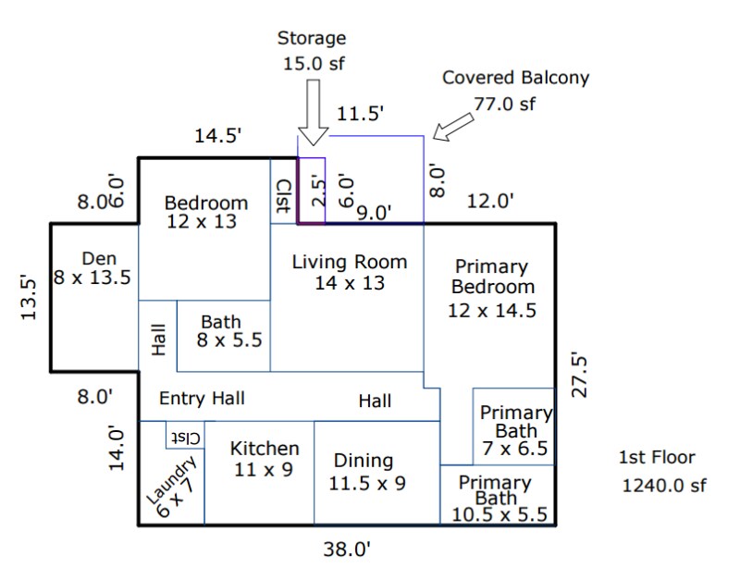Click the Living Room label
click(350, 272)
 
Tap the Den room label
click(92, 268)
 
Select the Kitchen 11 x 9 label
click(265, 459)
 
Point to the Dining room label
click(366, 472)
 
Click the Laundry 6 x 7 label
click(172, 487)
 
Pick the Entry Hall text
click(202, 399)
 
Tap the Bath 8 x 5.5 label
click(228, 331)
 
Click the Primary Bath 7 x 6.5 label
click(515, 430)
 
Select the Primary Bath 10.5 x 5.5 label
click(499, 500)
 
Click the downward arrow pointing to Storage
click(314, 112)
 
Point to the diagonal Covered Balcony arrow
click(453, 127)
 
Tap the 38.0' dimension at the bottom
click(347, 549)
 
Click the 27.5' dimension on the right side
click(579, 375)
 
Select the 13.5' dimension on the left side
click(29, 297)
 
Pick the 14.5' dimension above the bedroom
click(218, 136)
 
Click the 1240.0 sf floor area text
click(664, 485)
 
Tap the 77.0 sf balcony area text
click(504, 104)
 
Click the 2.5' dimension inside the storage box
click(319, 191)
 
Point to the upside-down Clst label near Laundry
click(186, 438)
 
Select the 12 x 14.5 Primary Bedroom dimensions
click(492, 311)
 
